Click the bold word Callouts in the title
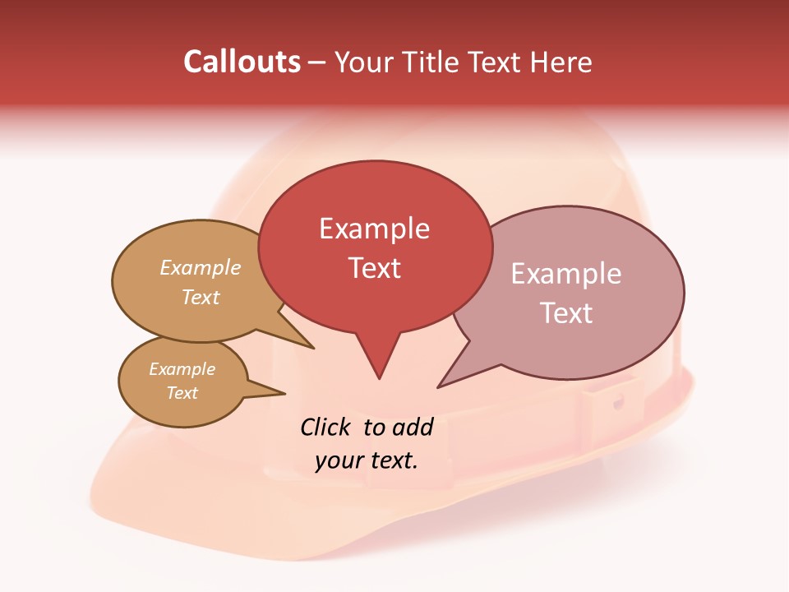(242, 62)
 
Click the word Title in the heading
(432, 62)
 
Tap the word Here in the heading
(562, 62)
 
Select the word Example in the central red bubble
(374, 229)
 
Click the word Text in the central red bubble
(375, 268)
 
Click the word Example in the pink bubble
(565, 274)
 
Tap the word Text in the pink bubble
(566, 313)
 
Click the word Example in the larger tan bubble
(200, 268)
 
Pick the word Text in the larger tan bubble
(200, 297)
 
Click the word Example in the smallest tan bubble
(182, 369)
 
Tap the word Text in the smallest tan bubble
(182, 393)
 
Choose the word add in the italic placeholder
(412, 427)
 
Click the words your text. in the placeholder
(367, 460)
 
